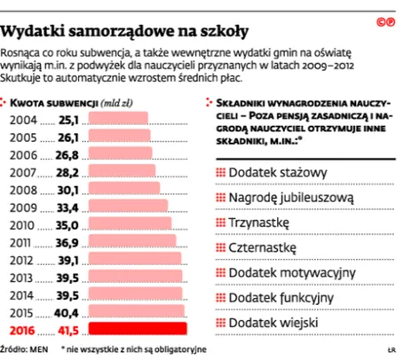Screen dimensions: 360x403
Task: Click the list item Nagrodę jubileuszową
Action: coord(291,195)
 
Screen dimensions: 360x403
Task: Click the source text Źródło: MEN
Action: coord(25,351)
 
